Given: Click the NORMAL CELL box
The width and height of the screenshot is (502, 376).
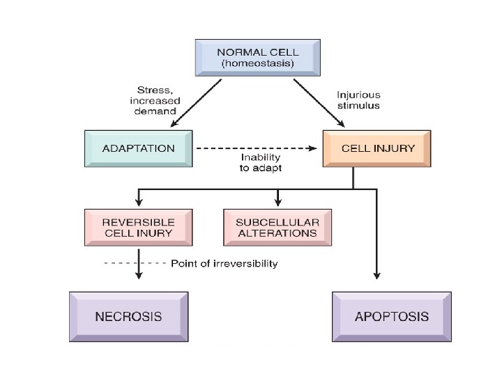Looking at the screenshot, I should pos(257,58).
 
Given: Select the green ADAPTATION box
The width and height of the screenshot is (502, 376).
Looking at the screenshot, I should pos(138,148).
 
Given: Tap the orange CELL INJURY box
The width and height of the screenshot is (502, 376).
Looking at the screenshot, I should pos(377,148).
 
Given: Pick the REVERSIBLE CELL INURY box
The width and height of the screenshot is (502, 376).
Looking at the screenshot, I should pos(138,227).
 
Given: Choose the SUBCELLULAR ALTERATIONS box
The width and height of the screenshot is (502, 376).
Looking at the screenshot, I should pos(277,227).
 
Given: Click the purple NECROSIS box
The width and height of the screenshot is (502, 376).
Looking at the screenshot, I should pos(128,316).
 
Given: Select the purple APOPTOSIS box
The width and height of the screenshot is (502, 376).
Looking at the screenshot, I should pos(391,316).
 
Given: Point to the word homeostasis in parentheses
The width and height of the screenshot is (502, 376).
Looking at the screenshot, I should pos(257,64).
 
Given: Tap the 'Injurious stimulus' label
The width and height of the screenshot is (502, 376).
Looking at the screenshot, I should pos(358,102).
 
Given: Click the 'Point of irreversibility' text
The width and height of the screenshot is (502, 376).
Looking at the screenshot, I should pos(224,264).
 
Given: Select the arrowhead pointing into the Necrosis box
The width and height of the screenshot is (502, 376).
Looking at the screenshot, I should pos(139,275).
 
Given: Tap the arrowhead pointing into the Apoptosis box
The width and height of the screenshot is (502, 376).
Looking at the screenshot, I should pos(376,275).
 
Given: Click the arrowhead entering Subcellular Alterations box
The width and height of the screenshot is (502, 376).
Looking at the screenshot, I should pos(278,203).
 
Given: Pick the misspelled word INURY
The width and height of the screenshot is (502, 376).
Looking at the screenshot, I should pos(157,233).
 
